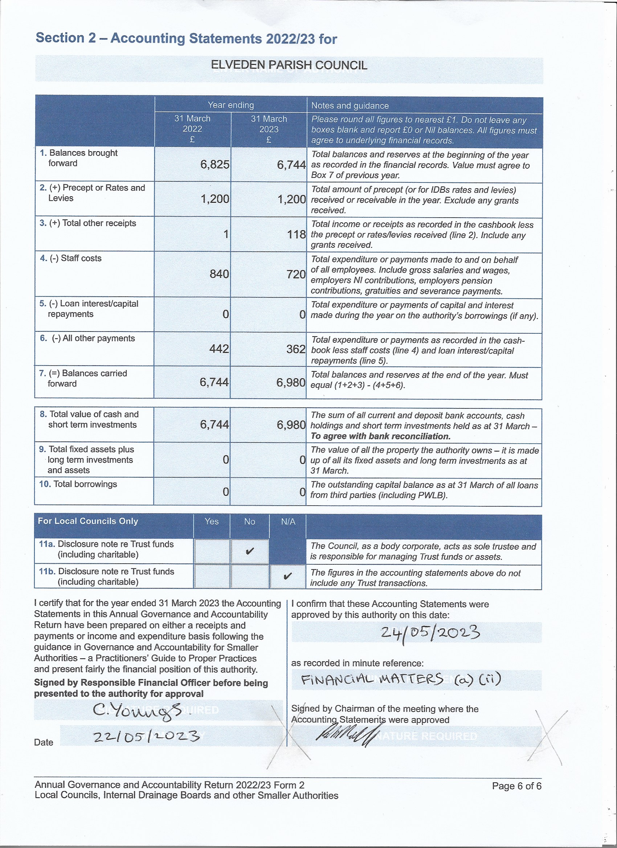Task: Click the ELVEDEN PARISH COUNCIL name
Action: (x=289, y=65)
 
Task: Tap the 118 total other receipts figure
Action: (x=296, y=234)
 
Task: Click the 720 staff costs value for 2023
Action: (x=296, y=275)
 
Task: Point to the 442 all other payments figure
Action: (x=219, y=349)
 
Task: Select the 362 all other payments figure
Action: (x=295, y=349)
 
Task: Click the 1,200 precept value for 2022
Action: (x=215, y=199)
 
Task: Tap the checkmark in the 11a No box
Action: (x=250, y=551)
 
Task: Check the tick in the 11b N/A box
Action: (x=287, y=576)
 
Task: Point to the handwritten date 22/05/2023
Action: (x=146, y=736)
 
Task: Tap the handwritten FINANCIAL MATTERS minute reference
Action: (x=400, y=679)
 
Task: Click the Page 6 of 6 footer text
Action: (x=516, y=786)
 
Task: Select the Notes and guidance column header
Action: (x=350, y=106)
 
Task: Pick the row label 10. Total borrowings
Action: (x=78, y=484)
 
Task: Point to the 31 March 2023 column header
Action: (x=269, y=129)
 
